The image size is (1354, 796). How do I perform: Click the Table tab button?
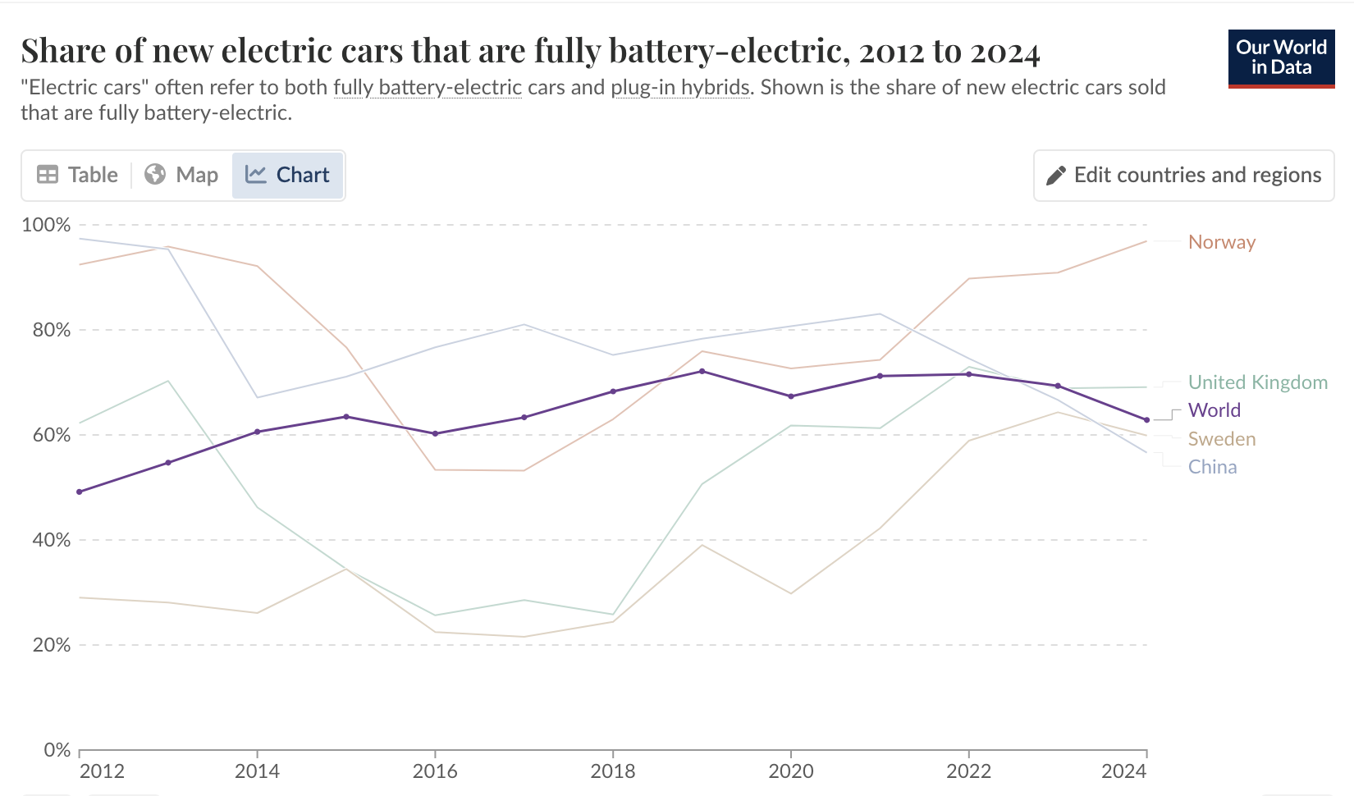coord(78,175)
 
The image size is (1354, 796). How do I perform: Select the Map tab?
coord(181,175)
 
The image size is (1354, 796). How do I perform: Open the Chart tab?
coord(287,175)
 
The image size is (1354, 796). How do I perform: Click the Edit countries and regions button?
coord(1183,175)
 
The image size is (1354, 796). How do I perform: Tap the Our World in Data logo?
coord(1281,58)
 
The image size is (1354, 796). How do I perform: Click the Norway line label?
coord(1222,242)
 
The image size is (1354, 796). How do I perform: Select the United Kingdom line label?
coord(1257,382)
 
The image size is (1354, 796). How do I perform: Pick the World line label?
coord(1214,410)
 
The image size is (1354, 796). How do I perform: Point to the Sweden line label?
coord(1221,439)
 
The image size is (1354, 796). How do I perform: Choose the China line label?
coord(1212,467)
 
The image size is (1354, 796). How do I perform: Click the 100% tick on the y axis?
coord(46,225)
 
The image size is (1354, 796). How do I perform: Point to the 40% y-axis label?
coord(51,540)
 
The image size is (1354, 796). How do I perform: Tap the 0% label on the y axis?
coord(57,750)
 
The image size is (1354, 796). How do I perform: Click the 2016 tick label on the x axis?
coord(435,771)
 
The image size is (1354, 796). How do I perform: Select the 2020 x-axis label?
coord(791,771)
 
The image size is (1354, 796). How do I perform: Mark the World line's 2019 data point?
coord(702,372)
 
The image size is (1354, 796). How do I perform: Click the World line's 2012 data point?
coord(80,492)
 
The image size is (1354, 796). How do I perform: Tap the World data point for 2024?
coord(1146,420)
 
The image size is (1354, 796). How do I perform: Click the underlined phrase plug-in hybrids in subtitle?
coord(680,87)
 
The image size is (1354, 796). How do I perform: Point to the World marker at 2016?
coord(435,433)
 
